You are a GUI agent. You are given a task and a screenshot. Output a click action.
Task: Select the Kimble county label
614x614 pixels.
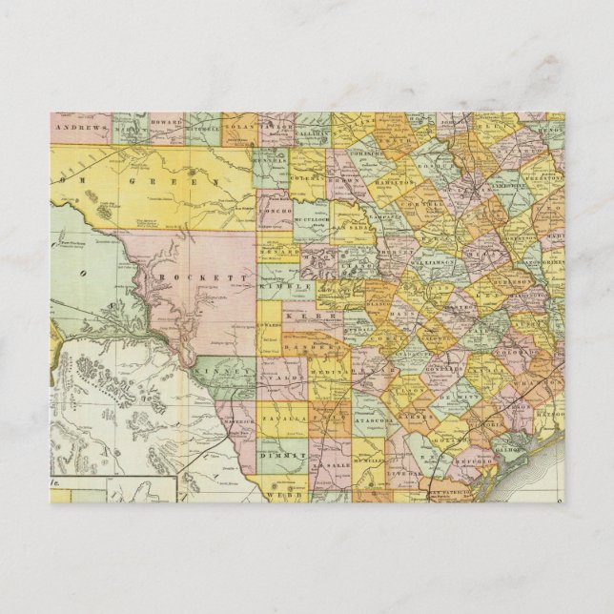293,284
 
